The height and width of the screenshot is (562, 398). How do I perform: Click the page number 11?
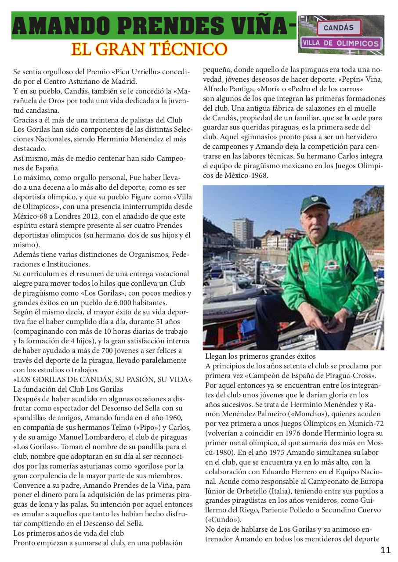(x=385, y=550)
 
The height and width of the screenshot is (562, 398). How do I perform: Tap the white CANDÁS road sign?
(x=338, y=27)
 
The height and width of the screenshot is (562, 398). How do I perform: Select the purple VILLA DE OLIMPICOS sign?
(x=341, y=43)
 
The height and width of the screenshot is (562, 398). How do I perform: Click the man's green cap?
(x=315, y=203)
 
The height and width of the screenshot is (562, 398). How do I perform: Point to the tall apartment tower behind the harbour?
(x=242, y=232)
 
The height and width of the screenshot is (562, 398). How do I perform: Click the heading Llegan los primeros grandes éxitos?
(x=260, y=356)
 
